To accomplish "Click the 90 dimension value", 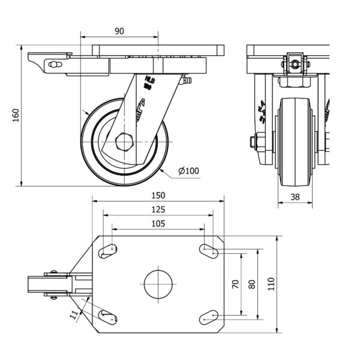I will (x=119, y=31).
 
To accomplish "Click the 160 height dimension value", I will (x=16, y=115).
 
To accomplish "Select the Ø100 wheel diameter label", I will (x=188, y=171).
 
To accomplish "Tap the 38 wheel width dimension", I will (x=295, y=196).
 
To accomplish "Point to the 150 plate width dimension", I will (x=157, y=195).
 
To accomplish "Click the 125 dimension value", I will (x=157, y=209).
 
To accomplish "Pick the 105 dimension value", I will (x=157, y=223).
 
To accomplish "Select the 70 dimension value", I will (x=235, y=284).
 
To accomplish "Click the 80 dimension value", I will (x=251, y=284).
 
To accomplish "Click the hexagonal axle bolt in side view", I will (x=124, y=142).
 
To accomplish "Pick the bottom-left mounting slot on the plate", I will (x=109, y=316).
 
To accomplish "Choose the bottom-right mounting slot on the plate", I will (x=209, y=316).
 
